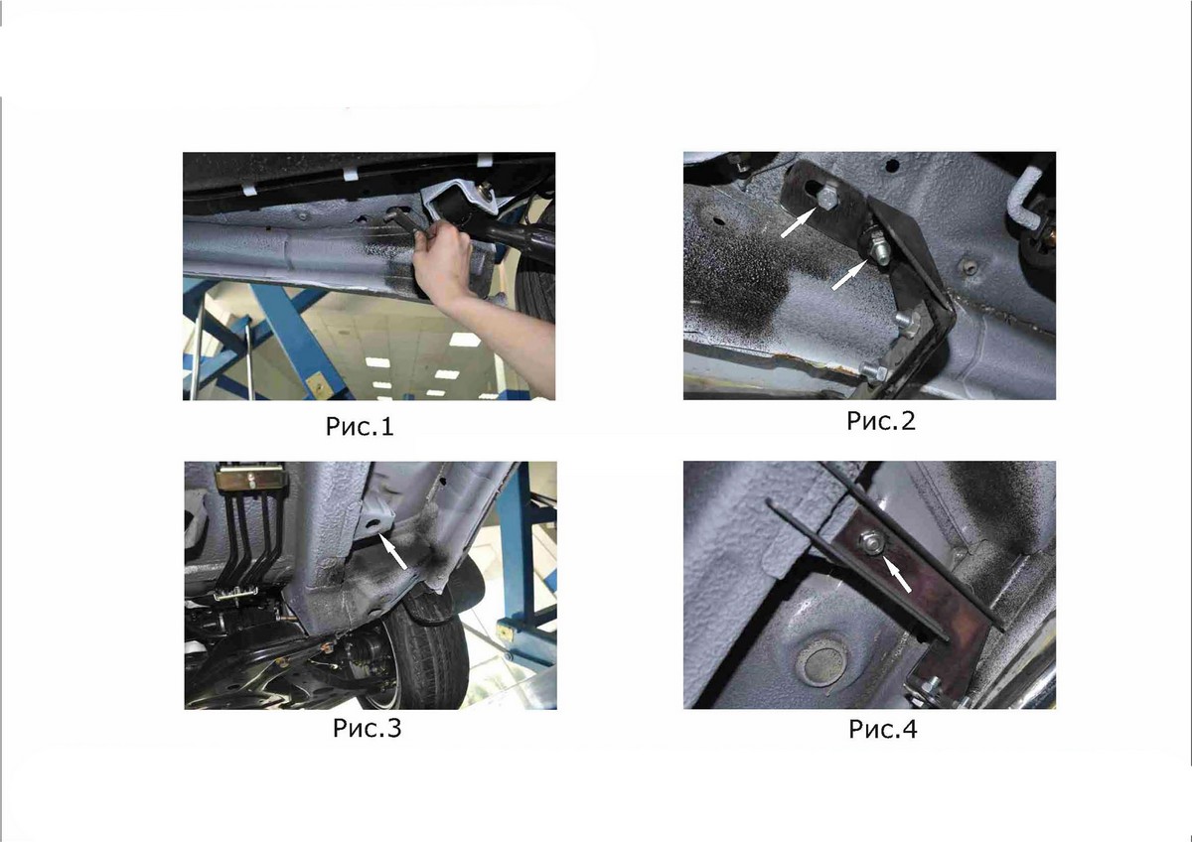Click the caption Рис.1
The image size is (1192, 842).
360,427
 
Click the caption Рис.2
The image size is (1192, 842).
881,421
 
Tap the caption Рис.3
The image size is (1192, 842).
368,728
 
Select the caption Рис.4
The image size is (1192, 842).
883,729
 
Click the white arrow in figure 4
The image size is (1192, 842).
897,574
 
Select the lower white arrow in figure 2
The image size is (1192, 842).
849,275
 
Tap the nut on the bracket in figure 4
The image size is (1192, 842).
870,542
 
